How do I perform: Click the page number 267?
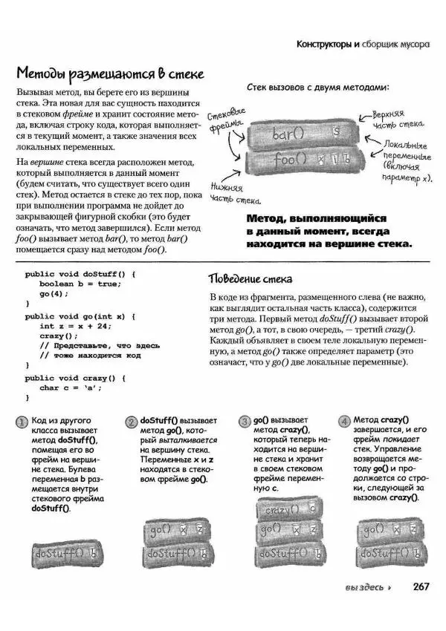coord(421,586)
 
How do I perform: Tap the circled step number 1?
coord(22,422)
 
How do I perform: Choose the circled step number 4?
coord(344,422)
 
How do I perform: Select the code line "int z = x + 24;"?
coord(74,326)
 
